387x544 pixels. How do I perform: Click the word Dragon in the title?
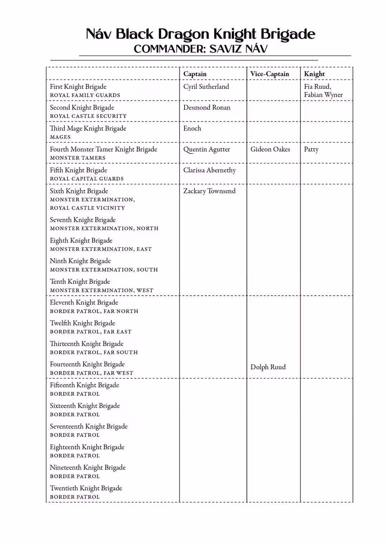pyautogui.click(x=183, y=34)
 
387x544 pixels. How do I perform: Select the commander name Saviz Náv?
pyautogui.click(x=238, y=49)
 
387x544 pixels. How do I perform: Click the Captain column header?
pyautogui.click(x=195, y=74)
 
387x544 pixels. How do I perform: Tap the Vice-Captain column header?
pyautogui.click(x=269, y=74)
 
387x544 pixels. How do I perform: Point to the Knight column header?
pyautogui.click(x=314, y=74)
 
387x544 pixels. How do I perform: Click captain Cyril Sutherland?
pyautogui.click(x=206, y=87)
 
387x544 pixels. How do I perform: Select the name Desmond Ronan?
pyautogui.click(x=207, y=108)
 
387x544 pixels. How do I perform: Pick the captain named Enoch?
pyautogui.click(x=192, y=128)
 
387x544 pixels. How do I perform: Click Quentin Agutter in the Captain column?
pyautogui.click(x=206, y=150)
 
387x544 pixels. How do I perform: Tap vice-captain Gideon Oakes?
pyautogui.click(x=270, y=149)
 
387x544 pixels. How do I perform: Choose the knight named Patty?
pyautogui.click(x=311, y=150)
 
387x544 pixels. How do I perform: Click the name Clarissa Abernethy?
pyautogui.click(x=209, y=170)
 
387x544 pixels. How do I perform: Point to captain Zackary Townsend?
pyautogui.click(x=209, y=191)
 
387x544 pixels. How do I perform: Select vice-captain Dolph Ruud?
pyautogui.click(x=268, y=367)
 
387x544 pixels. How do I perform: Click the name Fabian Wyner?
pyautogui.click(x=323, y=95)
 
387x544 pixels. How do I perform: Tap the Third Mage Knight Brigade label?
pyautogui.click(x=88, y=128)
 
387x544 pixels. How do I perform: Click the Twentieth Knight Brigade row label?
pyautogui.click(x=86, y=488)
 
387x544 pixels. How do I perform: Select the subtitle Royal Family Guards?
pyautogui.click(x=85, y=95)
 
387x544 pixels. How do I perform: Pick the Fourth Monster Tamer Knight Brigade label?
pyautogui.click(x=103, y=149)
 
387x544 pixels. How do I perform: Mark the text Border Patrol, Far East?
pyautogui.click(x=91, y=332)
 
